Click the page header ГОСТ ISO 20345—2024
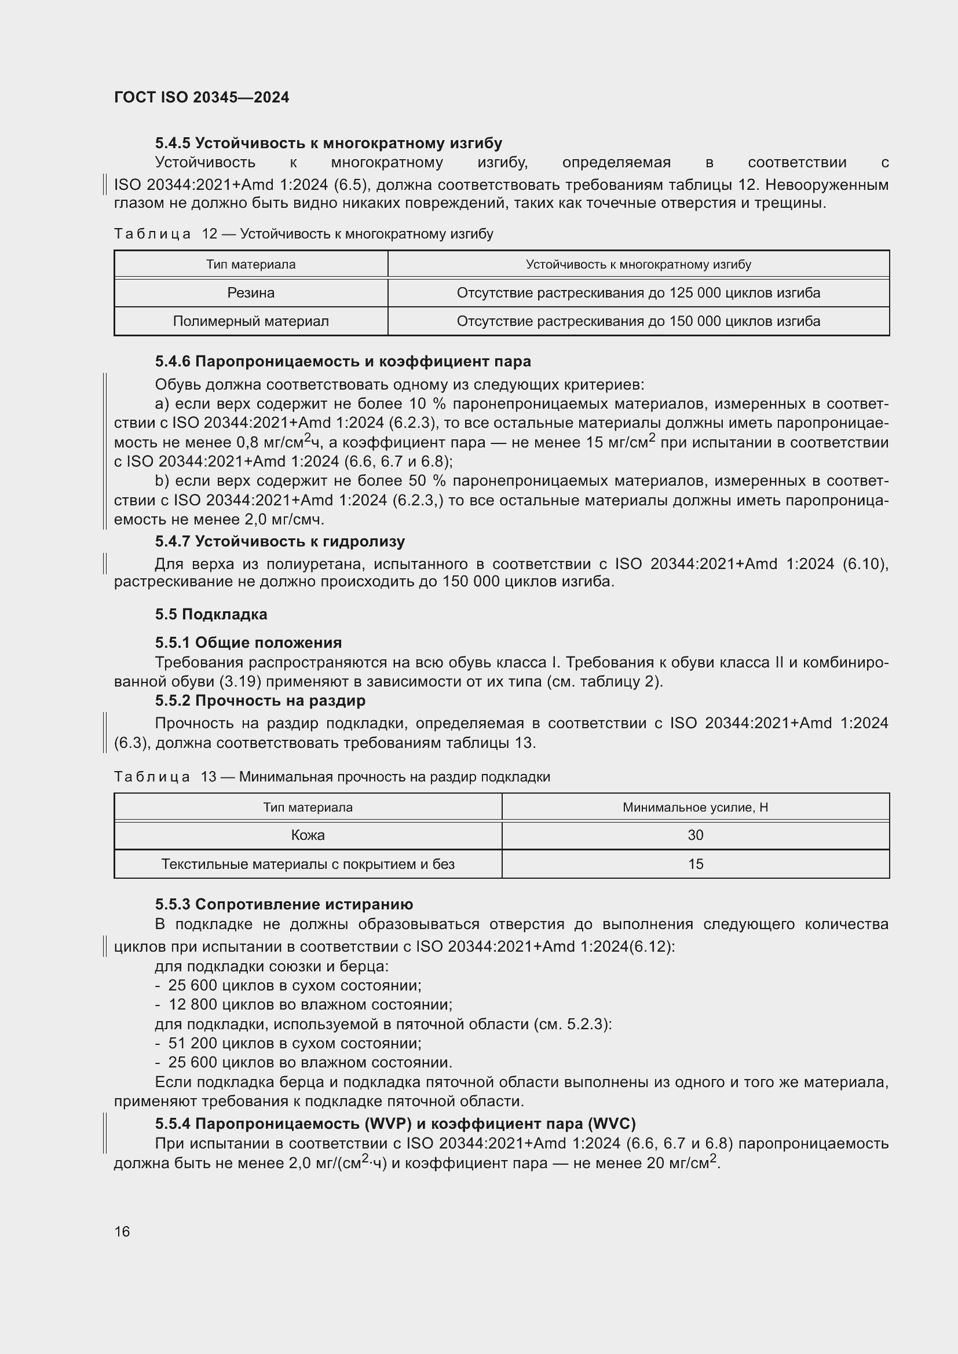pos(201,97)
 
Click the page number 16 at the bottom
pos(122,1231)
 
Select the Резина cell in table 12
pos(251,293)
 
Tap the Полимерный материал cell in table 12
pos(251,321)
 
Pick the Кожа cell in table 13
pos(308,835)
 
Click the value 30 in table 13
pos(695,835)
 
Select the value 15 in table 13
pos(695,864)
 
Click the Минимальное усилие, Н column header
pos(695,808)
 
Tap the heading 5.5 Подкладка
pos(211,615)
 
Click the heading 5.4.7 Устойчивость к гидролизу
pos(280,541)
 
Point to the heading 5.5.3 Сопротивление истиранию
pos(284,904)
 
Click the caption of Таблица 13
pos(331,777)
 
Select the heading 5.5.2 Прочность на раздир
pos(260,700)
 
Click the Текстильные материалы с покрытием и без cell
pos(308,864)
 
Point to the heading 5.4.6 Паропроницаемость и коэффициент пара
pos(343,361)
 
